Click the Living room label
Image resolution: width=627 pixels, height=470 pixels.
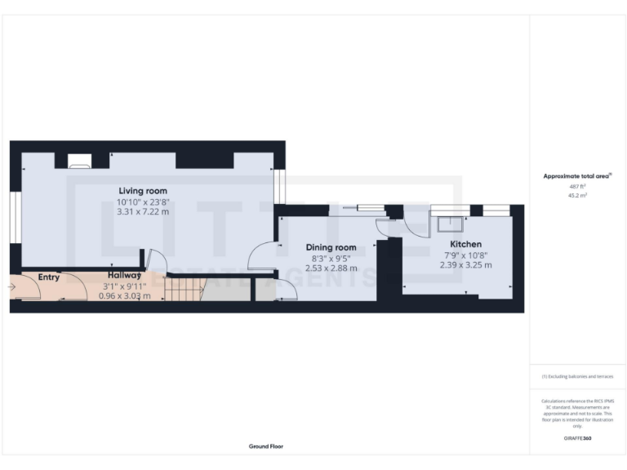click(143, 191)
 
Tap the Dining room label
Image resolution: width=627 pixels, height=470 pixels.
click(331, 247)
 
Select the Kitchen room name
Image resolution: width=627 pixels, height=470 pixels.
click(465, 244)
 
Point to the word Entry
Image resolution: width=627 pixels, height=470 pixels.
click(49, 277)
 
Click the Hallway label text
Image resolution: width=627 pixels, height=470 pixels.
click(124, 276)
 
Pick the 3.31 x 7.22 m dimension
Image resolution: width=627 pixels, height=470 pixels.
click(143, 211)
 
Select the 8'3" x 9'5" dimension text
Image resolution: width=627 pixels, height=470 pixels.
click(331, 257)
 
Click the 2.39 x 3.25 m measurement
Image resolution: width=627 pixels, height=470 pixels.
click(465, 264)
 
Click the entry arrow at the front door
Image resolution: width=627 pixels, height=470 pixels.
click(12, 287)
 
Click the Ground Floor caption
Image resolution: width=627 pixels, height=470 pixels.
click(266, 446)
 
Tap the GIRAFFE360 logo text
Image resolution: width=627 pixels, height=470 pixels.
click(576, 438)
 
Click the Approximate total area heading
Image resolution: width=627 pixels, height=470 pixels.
click(576, 176)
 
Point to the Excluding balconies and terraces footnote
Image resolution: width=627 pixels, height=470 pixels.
click(576, 376)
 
